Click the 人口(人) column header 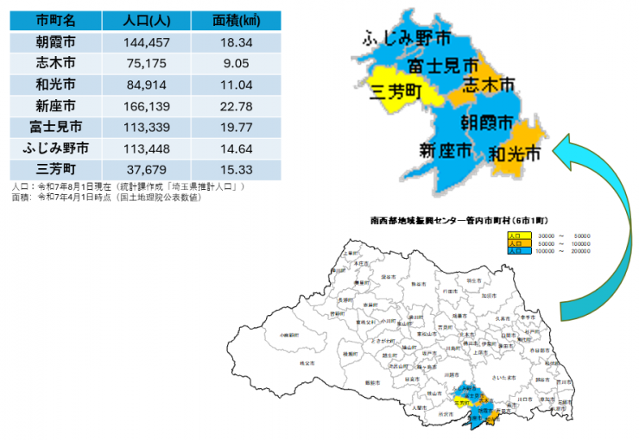coord(145,21)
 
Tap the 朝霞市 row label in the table coord(56,42)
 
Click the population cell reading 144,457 coord(145,42)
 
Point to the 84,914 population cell coord(145,85)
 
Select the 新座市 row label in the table coord(56,105)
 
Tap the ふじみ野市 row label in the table coord(56,148)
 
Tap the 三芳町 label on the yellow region coord(395,92)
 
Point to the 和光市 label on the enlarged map coord(514,154)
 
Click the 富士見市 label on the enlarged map coord(443,66)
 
